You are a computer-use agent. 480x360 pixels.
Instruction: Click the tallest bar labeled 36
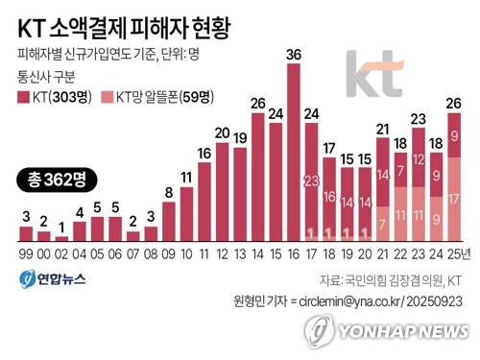click(x=293, y=154)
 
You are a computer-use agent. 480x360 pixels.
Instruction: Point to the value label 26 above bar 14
click(x=257, y=103)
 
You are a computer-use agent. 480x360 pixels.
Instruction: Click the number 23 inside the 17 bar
click(x=311, y=180)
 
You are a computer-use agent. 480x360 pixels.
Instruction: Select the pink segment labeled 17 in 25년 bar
click(x=453, y=200)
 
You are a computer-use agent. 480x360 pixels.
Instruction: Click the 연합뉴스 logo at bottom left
click(x=47, y=279)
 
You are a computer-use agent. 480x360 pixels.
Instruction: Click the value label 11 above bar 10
click(x=186, y=178)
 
